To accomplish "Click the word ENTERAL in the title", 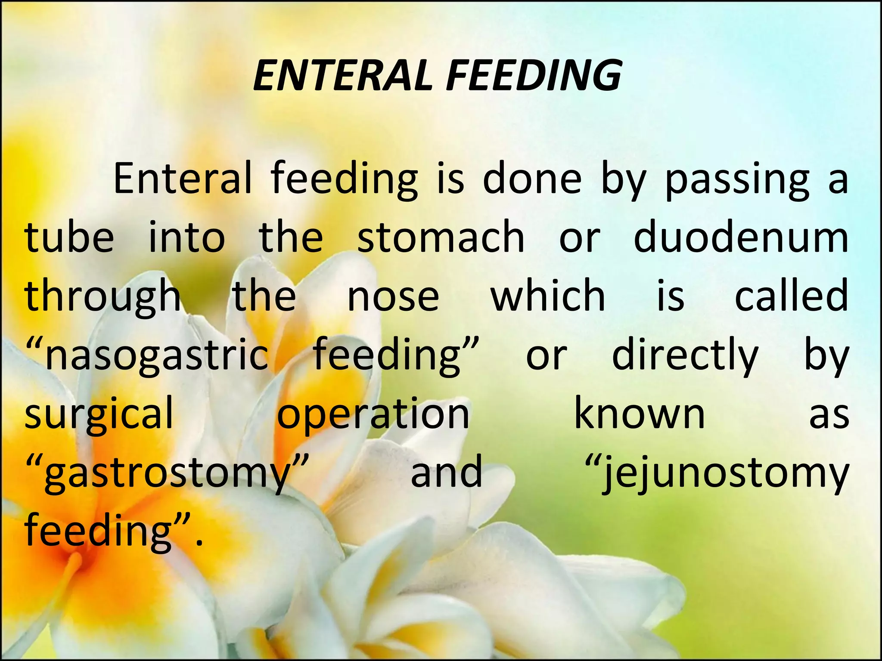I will coord(342,76).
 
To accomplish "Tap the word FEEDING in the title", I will coord(534,76).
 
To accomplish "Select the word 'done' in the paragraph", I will coord(532,178).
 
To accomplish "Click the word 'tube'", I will coord(69,237).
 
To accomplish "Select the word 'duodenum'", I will coord(741,237).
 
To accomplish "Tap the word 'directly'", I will coord(685,355).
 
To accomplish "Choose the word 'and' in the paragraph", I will coord(447,473).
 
